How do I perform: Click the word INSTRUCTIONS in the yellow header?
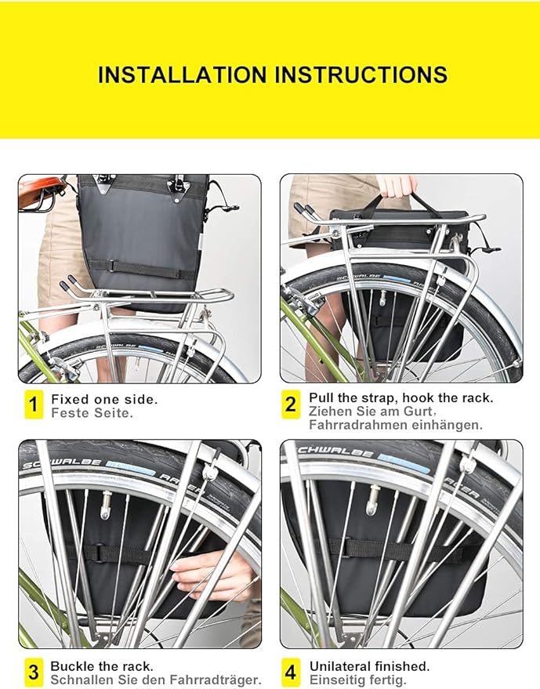pyautogui.click(x=360, y=75)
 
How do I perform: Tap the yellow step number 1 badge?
pyautogui.click(x=33, y=405)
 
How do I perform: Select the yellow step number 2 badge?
pyautogui.click(x=291, y=405)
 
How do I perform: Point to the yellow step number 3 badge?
pyautogui.click(x=33, y=673)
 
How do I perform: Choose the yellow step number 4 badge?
pyautogui.click(x=291, y=673)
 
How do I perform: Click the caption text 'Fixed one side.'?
pyautogui.click(x=104, y=399)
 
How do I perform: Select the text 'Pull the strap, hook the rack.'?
pyautogui.click(x=400, y=398)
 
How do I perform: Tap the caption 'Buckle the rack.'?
pyautogui.click(x=102, y=666)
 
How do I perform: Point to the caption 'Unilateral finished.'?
pyautogui.click(x=369, y=666)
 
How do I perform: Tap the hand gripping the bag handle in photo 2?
pyautogui.click(x=397, y=185)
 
